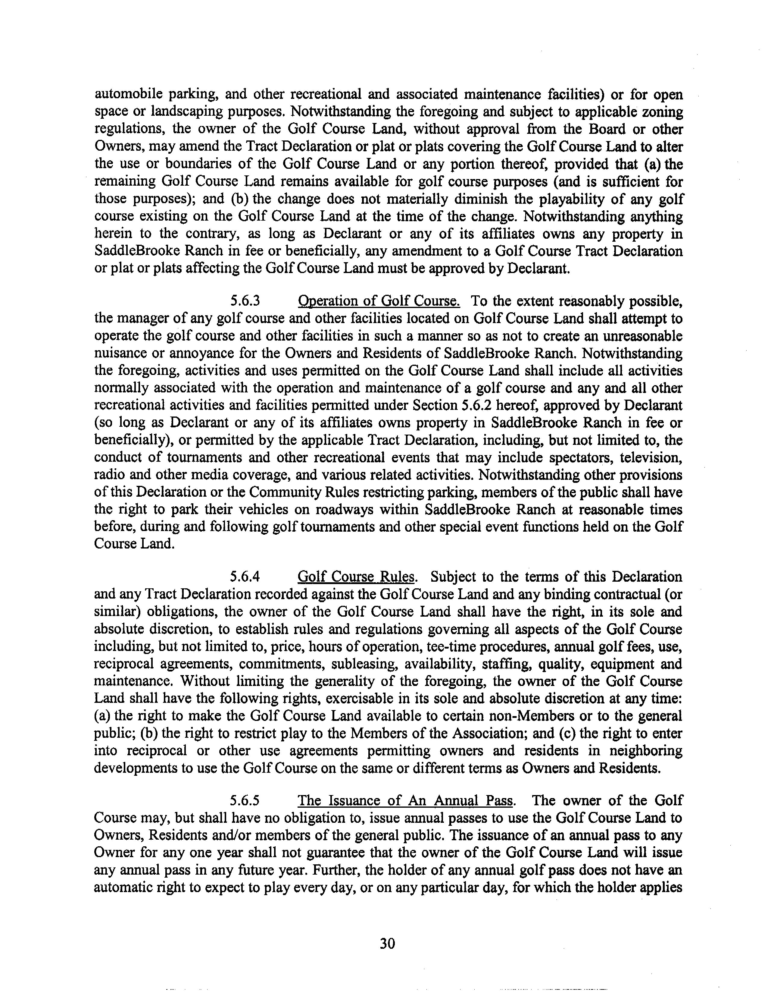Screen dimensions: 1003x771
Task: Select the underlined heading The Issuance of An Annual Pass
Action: tap(405, 800)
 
